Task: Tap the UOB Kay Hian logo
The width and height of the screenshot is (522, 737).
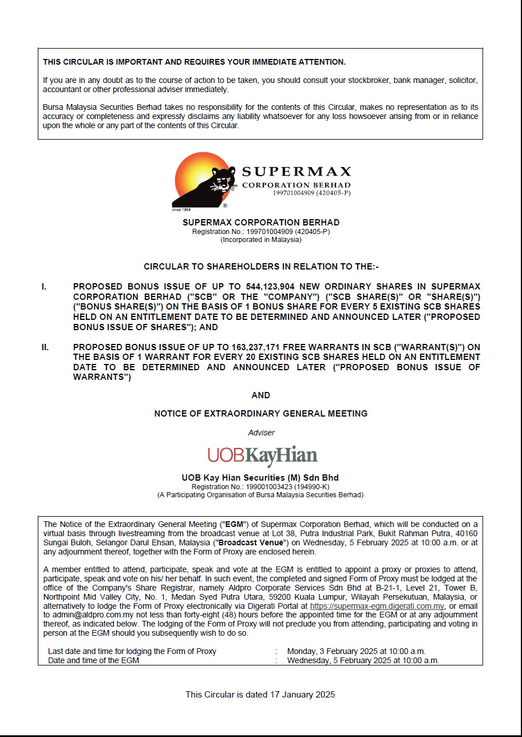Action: (x=262, y=455)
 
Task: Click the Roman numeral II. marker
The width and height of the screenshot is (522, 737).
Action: (x=45, y=347)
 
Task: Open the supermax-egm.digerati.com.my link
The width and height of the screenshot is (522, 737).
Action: (x=377, y=606)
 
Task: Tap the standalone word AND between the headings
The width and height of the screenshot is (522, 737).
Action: (x=261, y=395)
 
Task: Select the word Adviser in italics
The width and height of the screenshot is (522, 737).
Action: (x=261, y=433)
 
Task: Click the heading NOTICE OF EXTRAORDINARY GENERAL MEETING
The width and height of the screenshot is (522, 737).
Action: (x=261, y=413)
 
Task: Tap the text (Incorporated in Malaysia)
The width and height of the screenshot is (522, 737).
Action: (x=261, y=240)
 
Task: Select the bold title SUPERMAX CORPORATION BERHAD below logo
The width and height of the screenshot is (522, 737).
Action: (x=261, y=223)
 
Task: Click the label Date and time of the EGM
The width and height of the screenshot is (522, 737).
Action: (x=93, y=660)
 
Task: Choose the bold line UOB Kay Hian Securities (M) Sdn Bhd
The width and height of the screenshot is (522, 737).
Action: (x=260, y=478)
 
